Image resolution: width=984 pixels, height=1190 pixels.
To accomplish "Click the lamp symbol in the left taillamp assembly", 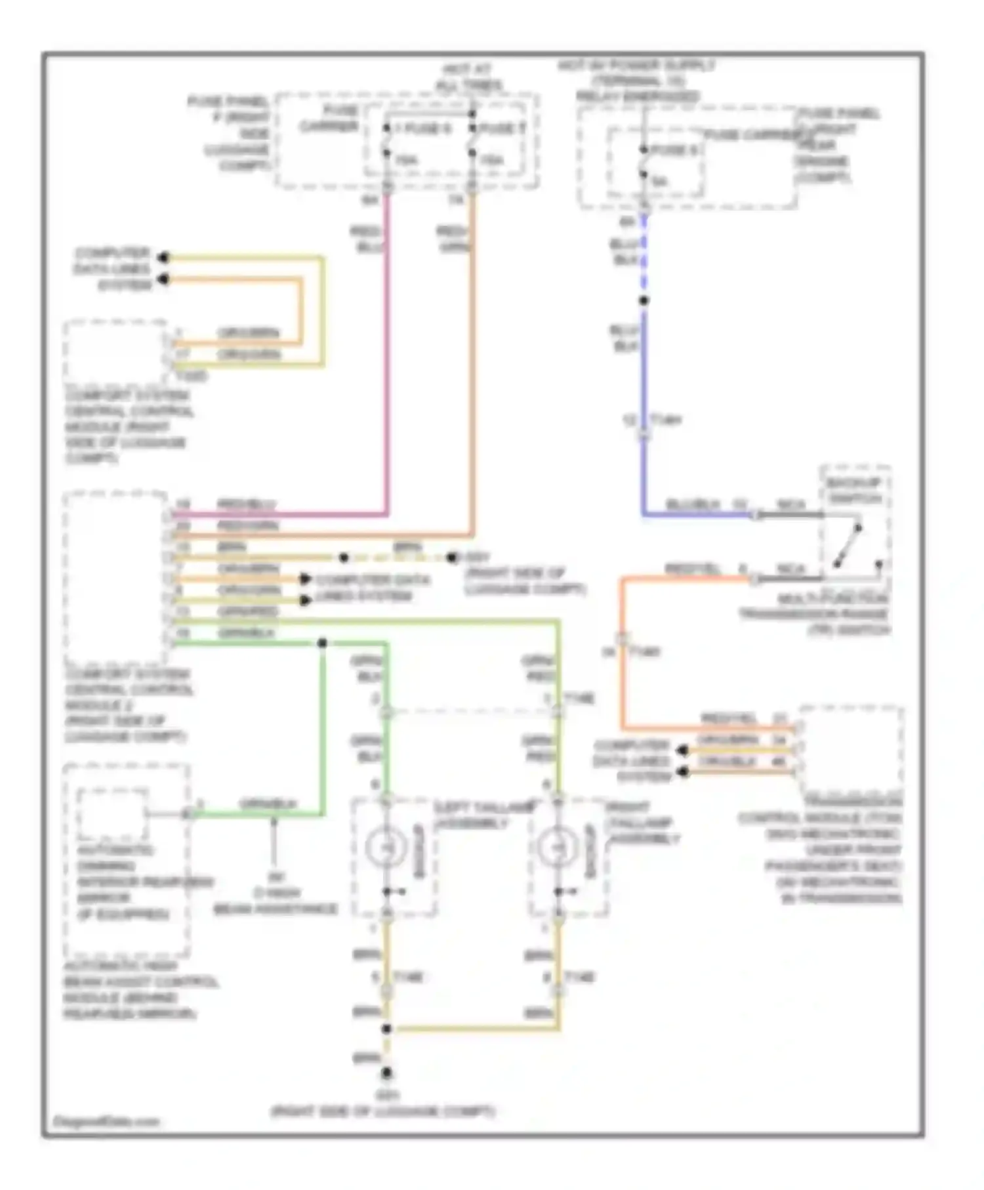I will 386,847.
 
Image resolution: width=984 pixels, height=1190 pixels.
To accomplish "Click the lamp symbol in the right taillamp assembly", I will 557,847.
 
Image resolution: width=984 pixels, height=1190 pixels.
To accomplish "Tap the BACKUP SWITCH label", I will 853,491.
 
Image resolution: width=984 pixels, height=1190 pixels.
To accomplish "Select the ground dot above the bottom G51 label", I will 386,1073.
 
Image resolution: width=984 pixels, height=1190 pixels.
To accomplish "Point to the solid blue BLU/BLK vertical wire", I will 644,394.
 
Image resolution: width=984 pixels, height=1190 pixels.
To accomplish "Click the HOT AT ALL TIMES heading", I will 468,77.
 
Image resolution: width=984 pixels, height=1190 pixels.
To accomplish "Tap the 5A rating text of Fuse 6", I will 659,181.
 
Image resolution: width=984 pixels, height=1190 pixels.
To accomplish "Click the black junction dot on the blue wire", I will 644,300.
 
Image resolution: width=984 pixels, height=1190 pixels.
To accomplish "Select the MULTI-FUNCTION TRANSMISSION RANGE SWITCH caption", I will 815,615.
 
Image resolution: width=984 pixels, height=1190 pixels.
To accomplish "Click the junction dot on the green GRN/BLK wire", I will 322,643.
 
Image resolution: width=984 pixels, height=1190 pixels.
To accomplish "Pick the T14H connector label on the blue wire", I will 665,419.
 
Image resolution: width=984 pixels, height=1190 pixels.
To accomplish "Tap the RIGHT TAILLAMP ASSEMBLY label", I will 644,823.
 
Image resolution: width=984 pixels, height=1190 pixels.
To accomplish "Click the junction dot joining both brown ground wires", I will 386,1029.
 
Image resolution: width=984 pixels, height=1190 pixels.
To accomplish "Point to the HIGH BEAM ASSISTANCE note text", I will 276,901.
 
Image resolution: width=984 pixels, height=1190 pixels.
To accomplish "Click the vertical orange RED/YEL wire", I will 622,656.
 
